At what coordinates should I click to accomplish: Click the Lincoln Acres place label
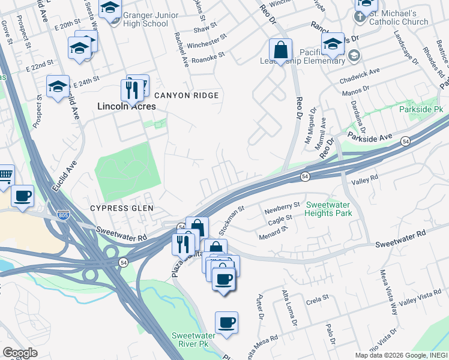click(127, 106)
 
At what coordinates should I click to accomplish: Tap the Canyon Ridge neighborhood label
click(186, 95)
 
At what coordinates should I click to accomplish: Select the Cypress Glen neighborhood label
click(122, 208)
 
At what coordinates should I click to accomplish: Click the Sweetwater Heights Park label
click(328, 208)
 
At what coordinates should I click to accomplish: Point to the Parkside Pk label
click(421, 110)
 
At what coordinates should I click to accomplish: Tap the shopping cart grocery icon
click(5, 175)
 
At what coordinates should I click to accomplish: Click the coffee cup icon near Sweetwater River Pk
click(226, 323)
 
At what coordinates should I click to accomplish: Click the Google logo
click(20, 353)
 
